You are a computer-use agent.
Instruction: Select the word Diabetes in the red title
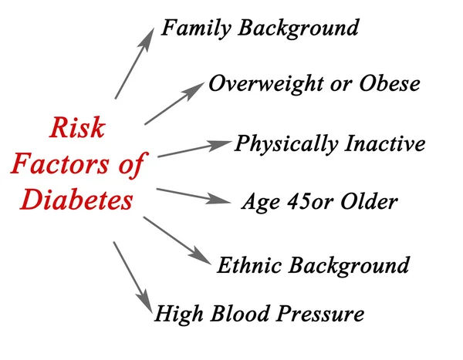click(x=76, y=200)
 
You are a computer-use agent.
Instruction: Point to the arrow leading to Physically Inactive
click(x=193, y=149)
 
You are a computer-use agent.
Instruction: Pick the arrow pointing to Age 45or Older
click(x=193, y=195)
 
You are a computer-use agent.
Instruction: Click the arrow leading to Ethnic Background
click(x=175, y=241)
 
